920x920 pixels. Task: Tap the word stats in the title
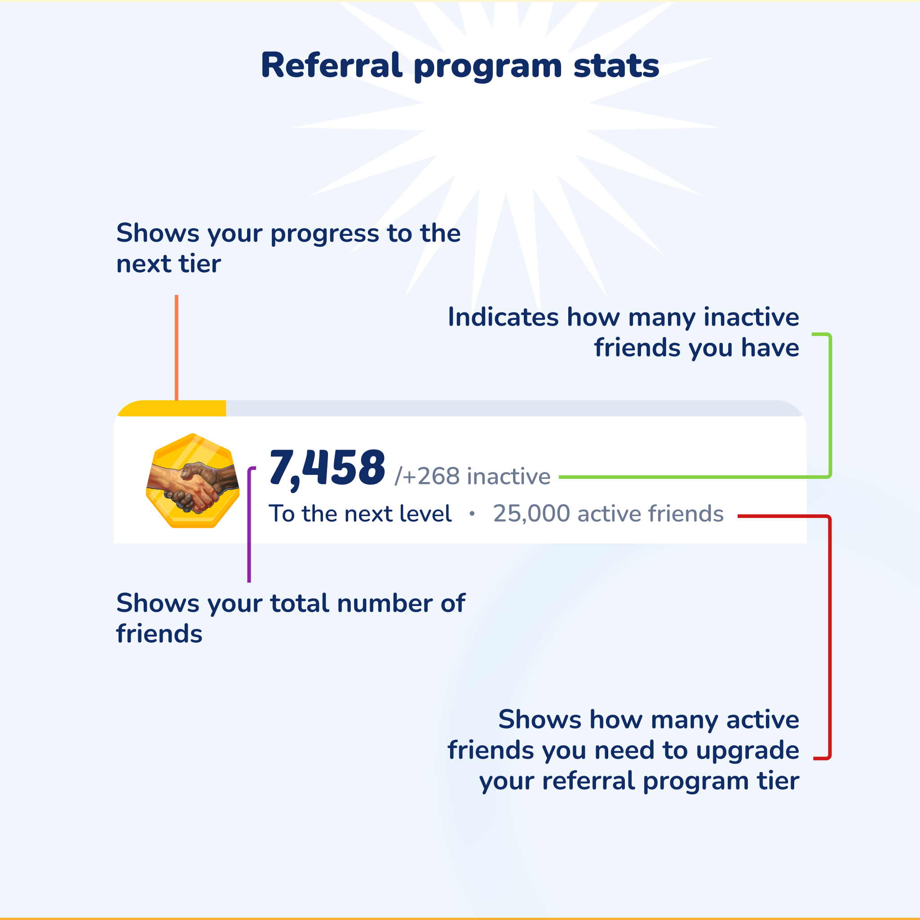click(x=616, y=66)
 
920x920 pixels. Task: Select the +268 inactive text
click(x=473, y=476)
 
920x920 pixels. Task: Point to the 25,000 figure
click(x=531, y=513)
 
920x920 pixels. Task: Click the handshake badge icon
click(x=192, y=481)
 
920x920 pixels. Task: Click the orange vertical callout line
click(x=177, y=348)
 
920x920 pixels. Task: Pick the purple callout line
click(x=249, y=524)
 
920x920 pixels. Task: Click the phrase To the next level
click(x=360, y=513)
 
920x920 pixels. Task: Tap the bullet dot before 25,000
click(x=472, y=513)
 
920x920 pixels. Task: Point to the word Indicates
click(x=503, y=317)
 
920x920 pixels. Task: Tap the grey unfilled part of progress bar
click(x=514, y=409)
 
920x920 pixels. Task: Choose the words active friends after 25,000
click(x=650, y=513)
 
